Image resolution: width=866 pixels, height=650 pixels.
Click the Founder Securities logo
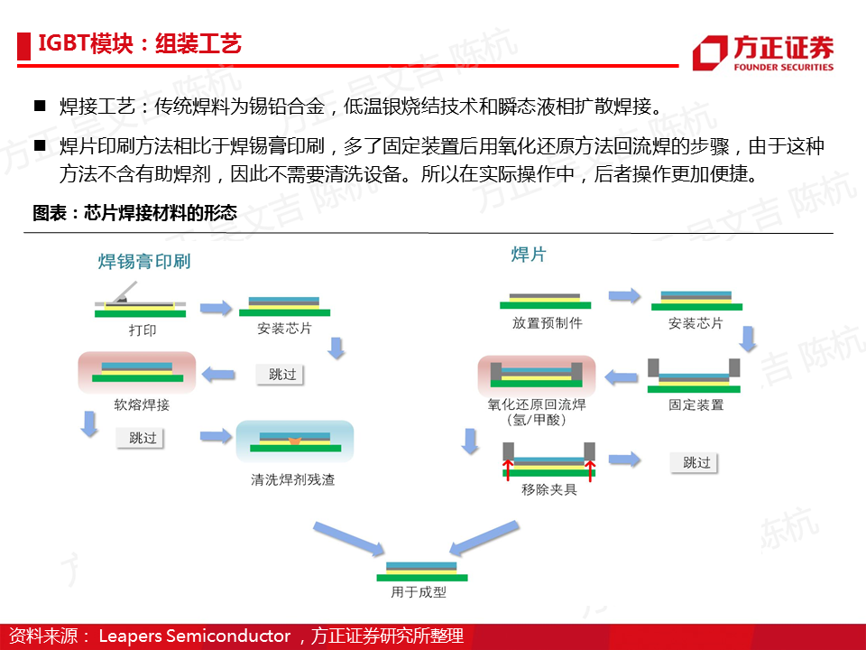tap(763, 53)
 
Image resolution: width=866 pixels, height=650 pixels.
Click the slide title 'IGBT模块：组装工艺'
tap(140, 43)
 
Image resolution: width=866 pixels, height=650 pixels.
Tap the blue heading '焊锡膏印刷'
tap(144, 261)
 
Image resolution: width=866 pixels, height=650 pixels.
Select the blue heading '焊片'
tap(529, 255)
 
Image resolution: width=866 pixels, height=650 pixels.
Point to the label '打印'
tap(143, 330)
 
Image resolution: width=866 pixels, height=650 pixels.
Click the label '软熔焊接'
tap(142, 404)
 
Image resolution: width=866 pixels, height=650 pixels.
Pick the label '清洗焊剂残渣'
tap(292, 479)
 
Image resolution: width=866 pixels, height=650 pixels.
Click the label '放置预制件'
tap(547, 323)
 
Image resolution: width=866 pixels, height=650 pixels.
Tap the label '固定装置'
tap(696, 404)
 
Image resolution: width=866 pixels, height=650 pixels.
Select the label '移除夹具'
tap(549, 489)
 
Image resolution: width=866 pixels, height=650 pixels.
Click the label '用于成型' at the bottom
tap(418, 592)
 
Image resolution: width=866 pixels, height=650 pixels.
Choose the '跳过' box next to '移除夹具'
tap(694, 462)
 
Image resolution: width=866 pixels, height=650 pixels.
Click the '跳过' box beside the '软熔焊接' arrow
tap(280, 374)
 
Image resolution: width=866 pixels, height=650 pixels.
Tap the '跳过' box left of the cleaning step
tap(141, 438)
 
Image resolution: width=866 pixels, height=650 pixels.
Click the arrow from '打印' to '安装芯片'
tap(216, 308)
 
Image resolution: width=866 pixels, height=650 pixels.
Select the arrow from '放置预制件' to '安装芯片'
tap(624, 296)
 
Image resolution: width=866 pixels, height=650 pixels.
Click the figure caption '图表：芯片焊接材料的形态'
tap(134, 213)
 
